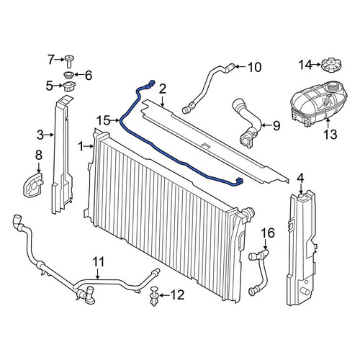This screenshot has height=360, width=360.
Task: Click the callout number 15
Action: pos(104,120)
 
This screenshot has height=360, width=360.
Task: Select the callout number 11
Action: pos(99,262)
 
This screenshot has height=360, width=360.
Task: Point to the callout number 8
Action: pos(39,155)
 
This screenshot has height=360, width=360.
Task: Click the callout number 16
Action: pos(268,233)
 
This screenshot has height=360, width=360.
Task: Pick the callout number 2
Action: pos(163,89)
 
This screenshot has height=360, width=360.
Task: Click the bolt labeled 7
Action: pos(68,61)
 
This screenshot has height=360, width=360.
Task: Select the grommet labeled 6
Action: pos(68,75)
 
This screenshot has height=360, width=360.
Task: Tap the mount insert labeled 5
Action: pos(69,87)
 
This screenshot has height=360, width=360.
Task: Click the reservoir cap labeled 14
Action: pos(331,64)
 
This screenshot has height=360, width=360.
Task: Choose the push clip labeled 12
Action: pos(154,296)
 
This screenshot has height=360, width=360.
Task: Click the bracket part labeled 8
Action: pos(33,184)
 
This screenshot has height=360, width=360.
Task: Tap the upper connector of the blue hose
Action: pos(150,84)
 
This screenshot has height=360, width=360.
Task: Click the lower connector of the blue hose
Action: pos(239,181)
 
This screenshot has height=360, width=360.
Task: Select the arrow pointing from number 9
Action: pos(266,125)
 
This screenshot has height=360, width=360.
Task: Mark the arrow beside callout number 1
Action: pos(89,145)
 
